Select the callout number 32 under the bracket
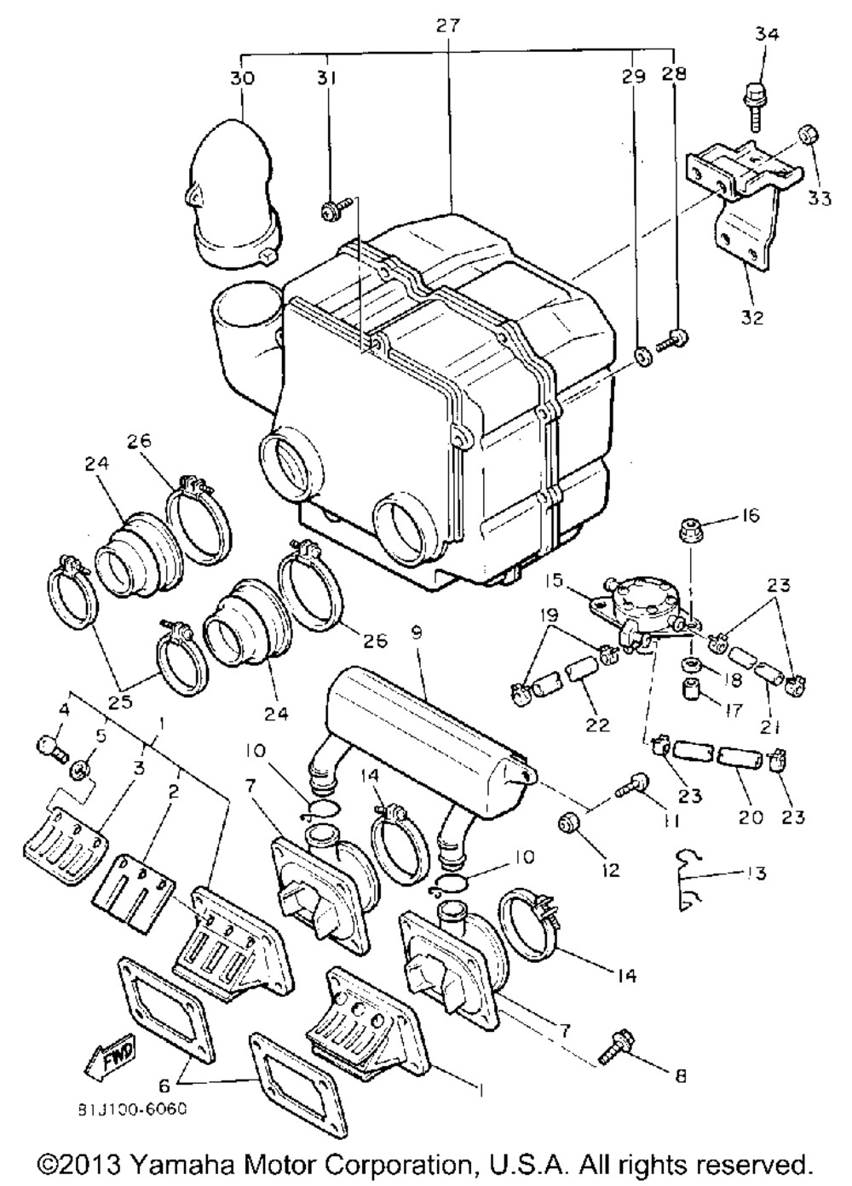(752, 318)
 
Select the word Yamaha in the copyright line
(187, 1164)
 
